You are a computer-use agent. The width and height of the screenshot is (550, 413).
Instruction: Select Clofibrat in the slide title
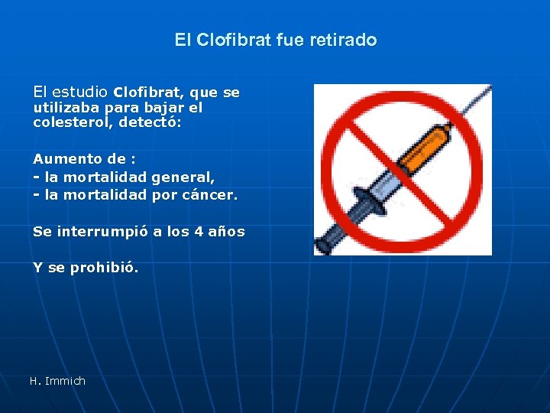(x=233, y=40)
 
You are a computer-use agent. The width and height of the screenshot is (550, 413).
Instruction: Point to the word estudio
(x=82, y=92)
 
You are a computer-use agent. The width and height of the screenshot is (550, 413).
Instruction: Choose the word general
(x=183, y=177)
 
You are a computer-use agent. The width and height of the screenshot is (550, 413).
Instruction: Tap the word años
(x=227, y=231)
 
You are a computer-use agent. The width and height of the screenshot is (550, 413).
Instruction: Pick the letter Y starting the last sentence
(x=37, y=268)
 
